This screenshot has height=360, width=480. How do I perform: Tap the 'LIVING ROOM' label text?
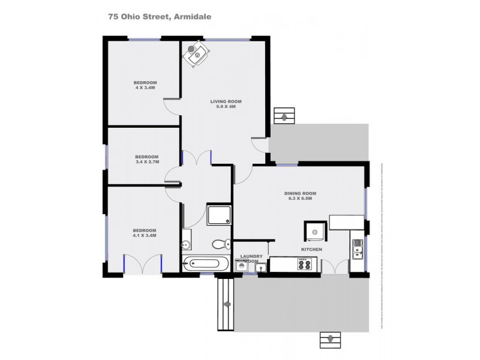pyautogui.click(x=223, y=101)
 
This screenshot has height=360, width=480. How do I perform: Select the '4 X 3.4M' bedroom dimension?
pyautogui.click(x=145, y=88)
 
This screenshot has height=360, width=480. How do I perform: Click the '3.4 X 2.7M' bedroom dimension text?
pyautogui.click(x=147, y=161)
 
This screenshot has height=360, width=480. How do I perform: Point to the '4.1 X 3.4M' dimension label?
pyautogui.click(x=145, y=236)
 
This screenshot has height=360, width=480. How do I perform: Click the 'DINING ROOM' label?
pyautogui.click(x=300, y=193)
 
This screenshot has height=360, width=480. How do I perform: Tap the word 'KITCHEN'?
pyautogui.click(x=312, y=249)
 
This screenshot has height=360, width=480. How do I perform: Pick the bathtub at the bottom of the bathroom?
pyautogui.click(x=206, y=264)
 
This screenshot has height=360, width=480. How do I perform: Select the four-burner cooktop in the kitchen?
pyautogui.click(x=304, y=264)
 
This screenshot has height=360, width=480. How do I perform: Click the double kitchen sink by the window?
pyautogui.click(x=358, y=248)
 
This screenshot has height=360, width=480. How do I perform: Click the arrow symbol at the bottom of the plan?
pyautogui.click(x=329, y=340)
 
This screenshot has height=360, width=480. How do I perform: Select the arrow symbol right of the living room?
pyautogui.click(x=284, y=115)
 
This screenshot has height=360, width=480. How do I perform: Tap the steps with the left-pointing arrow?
pyautogui.click(x=226, y=304)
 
